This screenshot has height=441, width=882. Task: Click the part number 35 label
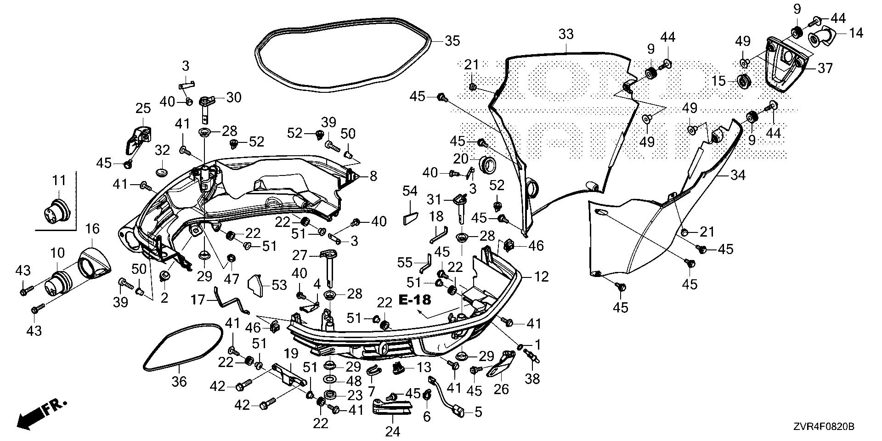click(x=452, y=40)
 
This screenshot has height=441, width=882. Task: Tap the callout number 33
click(x=566, y=34)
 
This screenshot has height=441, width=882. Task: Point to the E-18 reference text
click(x=415, y=300)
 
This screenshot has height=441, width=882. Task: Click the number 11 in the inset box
click(x=59, y=181)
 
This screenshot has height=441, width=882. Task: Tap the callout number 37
click(x=825, y=68)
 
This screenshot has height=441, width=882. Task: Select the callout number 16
click(x=92, y=229)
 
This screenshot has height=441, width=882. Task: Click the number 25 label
click(x=143, y=109)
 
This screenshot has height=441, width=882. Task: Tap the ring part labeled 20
click(x=488, y=164)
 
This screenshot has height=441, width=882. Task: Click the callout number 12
click(x=542, y=277)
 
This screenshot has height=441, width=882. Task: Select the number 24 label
click(x=393, y=431)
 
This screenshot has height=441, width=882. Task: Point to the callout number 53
click(x=279, y=285)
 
